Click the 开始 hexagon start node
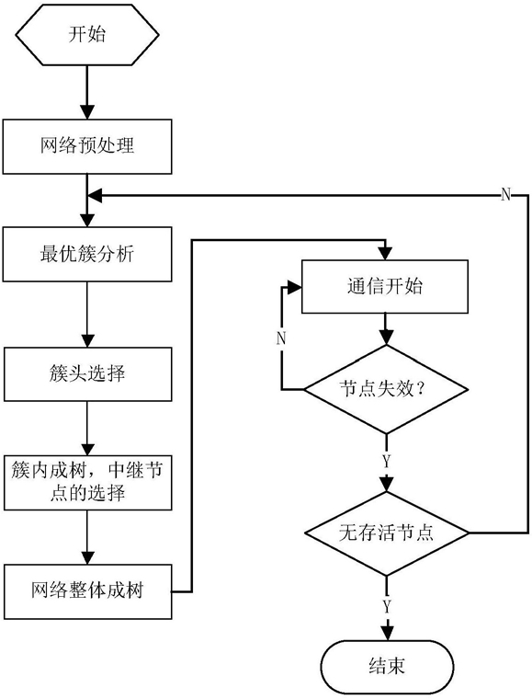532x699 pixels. (87, 35)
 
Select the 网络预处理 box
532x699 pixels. (87, 146)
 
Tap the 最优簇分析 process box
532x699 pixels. (87, 254)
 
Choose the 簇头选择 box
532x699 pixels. (87, 374)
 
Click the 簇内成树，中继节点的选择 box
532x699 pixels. (87, 482)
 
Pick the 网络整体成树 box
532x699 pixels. (87, 591)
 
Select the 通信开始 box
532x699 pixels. (385, 287)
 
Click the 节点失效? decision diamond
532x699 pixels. (386, 389)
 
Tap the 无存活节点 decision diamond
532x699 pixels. (386, 533)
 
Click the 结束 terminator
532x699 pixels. (388, 666)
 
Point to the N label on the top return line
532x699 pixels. (505, 195)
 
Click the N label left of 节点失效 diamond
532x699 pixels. (281, 338)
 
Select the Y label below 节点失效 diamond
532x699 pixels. (387, 462)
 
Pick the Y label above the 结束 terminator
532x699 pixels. (387, 606)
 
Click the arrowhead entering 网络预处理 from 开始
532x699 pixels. (87, 112)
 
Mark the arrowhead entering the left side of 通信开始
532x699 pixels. (295, 288)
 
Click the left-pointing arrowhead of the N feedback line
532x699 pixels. (95, 195)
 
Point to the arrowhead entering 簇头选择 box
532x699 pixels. (87, 340)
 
